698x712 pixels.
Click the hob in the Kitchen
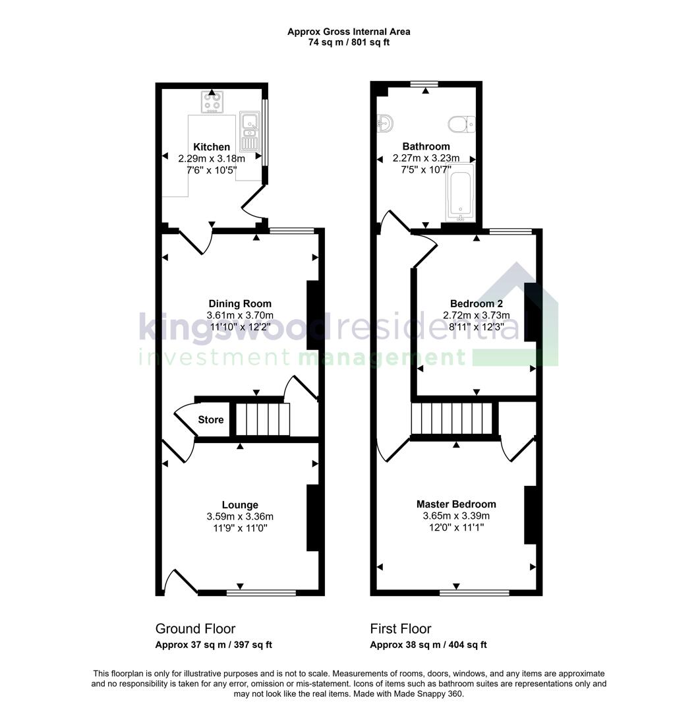coord(212,102)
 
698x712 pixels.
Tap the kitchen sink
coord(250,130)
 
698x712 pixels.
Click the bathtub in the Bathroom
coord(459,193)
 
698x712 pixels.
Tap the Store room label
coord(211,420)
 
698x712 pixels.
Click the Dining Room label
coord(239,304)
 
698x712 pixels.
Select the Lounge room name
coord(240,506)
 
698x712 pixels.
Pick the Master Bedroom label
coord(455,504)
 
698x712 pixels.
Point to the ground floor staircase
coord(263,420)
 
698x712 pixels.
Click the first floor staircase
coord(451,421)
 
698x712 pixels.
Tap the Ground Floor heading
coord(195,629)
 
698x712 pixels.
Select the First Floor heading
coord(401,629)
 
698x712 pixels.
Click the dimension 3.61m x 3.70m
coord(240,316)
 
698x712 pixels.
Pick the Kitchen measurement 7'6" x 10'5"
coord(212,170)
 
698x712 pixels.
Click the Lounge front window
coord(261,593)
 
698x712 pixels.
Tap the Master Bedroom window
coord(474,593)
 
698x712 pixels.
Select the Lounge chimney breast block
coord(314,518)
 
